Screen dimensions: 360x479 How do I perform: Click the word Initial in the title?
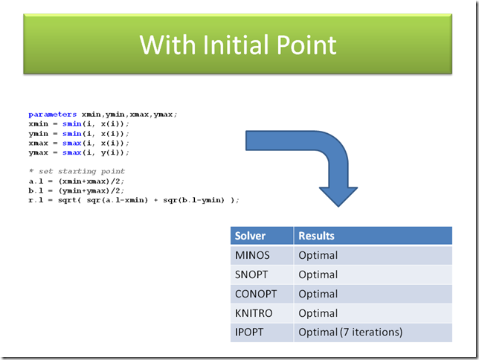[242, 45]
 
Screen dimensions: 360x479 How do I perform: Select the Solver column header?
[250, 236]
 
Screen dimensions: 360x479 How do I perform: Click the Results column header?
[316, 236]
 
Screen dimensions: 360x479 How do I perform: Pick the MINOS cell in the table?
[252, 255]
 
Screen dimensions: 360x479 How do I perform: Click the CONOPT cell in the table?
[255, 294]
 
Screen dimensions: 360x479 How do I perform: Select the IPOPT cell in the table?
[250, 332]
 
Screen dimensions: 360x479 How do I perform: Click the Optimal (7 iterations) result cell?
[350, 332]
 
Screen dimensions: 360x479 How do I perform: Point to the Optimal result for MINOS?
[318, 255]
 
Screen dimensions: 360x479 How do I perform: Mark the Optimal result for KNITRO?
[318, 313]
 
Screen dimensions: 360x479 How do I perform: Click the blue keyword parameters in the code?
[52, 114]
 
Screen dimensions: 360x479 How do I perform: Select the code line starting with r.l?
[134, 200]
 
